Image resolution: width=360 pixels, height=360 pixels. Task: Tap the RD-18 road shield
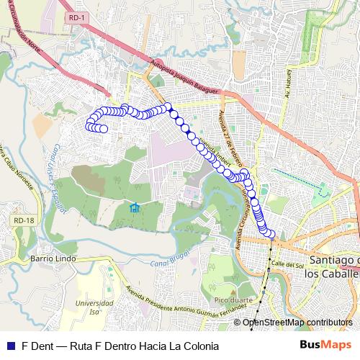(24, 220)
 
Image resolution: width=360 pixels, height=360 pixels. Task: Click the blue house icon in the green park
(134, 208)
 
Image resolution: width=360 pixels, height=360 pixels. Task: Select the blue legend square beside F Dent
(10, 346)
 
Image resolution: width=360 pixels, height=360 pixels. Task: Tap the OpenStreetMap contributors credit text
(297, 323)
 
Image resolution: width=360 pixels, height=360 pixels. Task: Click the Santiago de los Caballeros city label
(333, 266)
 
